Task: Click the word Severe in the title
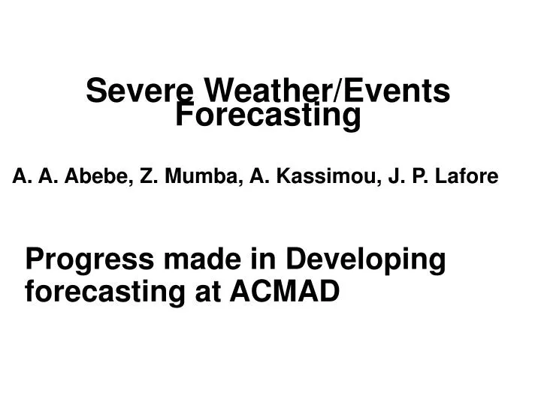[141, 91]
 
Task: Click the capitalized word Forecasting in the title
[268, 116]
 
